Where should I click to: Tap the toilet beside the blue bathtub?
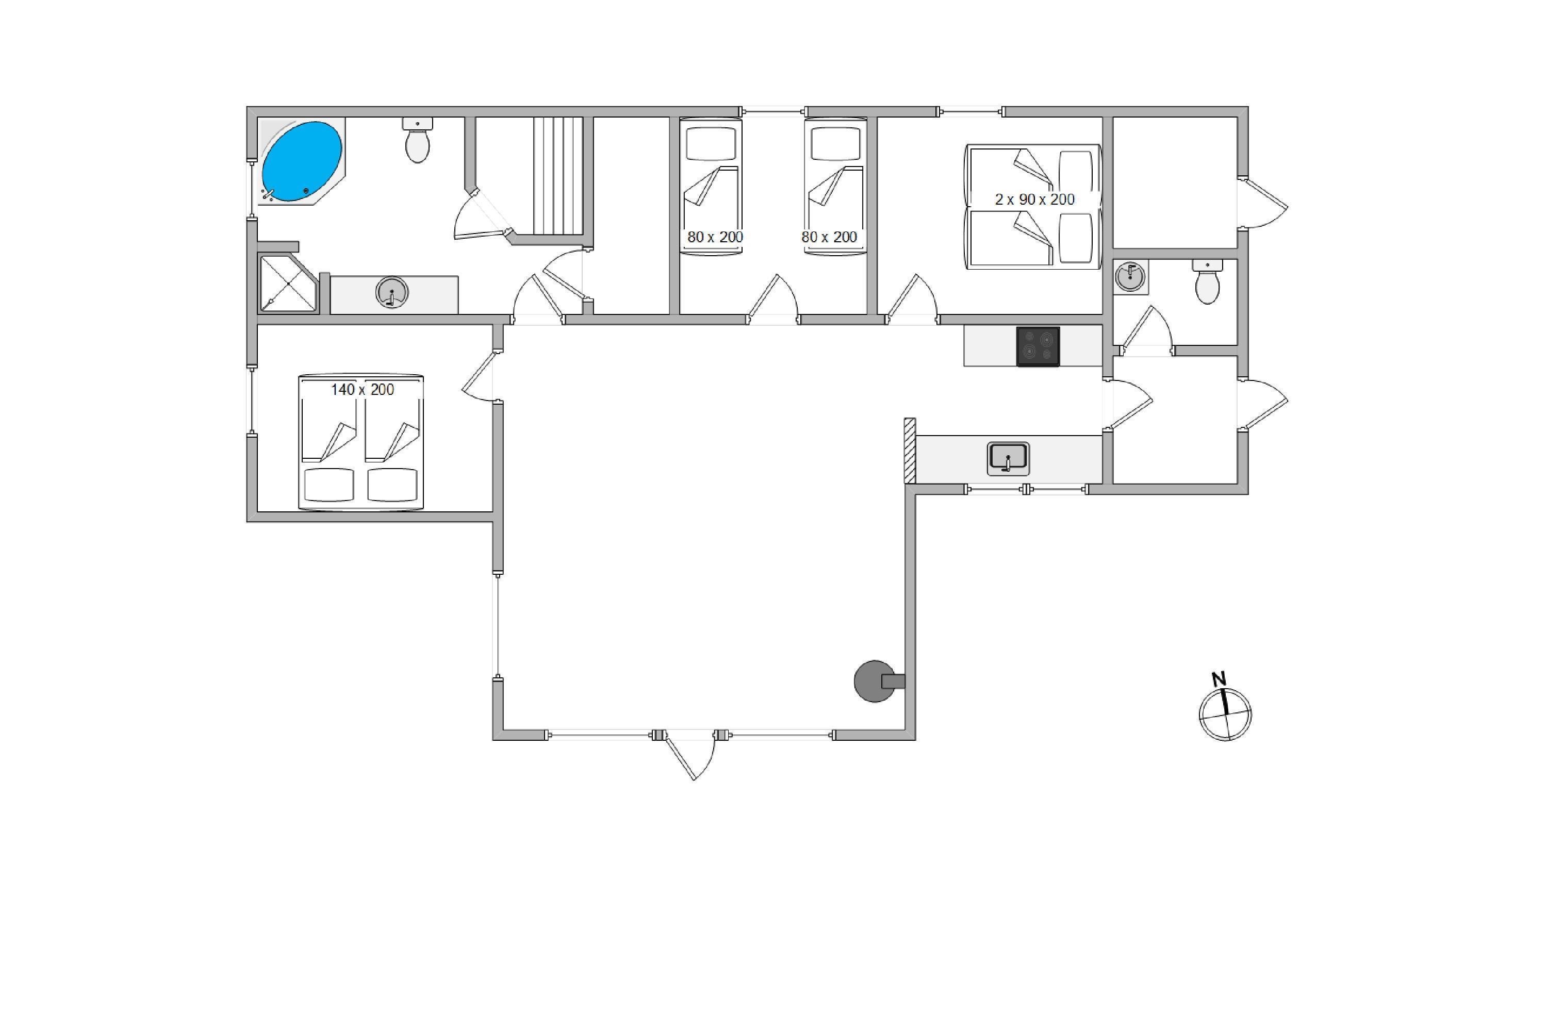coord(418,140)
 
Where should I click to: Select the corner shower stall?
coord(289,284)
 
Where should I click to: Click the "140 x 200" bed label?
coord(362,390)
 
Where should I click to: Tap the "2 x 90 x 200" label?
coord(1034,199)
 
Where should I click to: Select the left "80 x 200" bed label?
coord(715,237)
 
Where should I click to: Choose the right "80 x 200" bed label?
coord(829,237)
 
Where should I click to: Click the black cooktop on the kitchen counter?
coord(1038,346)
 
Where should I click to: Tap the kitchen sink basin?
coord(1008,458)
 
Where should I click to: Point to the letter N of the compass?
coord(1219,678)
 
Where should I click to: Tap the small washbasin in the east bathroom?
coord(1131,277)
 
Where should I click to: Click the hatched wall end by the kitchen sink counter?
coord(910,451)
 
